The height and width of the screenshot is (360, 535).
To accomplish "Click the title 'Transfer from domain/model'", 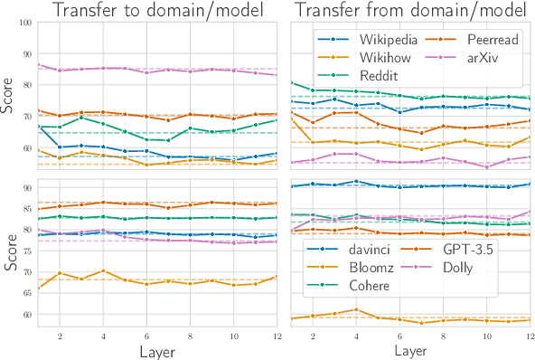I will click(x=409, y=11).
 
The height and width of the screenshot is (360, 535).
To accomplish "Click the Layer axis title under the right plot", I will click(x=410, y=349).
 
